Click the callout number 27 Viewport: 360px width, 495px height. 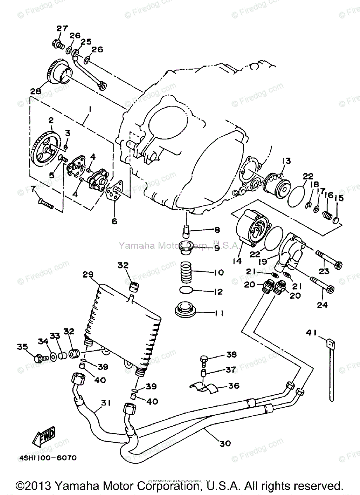[x=62, y=28]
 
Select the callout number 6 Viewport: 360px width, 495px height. [x=114, y=222]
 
